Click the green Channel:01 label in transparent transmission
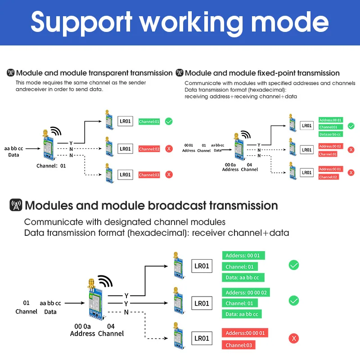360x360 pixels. [x=149, y=121]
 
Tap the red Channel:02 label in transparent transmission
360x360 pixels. [x=149, y=149]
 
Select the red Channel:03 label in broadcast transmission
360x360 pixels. [x=238, y=345]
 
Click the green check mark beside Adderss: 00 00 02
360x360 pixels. [x=294, y=301]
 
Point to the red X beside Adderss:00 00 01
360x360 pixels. [x=294, y=338]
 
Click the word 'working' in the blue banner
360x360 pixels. [x=191, y=23]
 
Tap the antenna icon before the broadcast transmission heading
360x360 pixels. [x=16, y=205]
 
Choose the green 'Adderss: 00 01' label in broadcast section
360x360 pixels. [x=243, y=255]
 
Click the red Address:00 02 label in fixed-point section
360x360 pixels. [x=331, y=146]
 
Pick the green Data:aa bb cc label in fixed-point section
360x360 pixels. [x=331, y=134]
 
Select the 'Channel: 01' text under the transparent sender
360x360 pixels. [x=51, y=166]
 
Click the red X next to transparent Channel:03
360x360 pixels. [x=169, y=175]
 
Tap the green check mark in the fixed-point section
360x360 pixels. [x=351, y=126]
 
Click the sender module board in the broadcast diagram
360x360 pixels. [x=95, y=300]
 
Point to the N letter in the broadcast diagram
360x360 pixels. [x=126, y=312]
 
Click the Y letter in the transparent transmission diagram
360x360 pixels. [x=71, y=143]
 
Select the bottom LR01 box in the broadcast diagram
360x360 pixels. [x=202, y=338]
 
